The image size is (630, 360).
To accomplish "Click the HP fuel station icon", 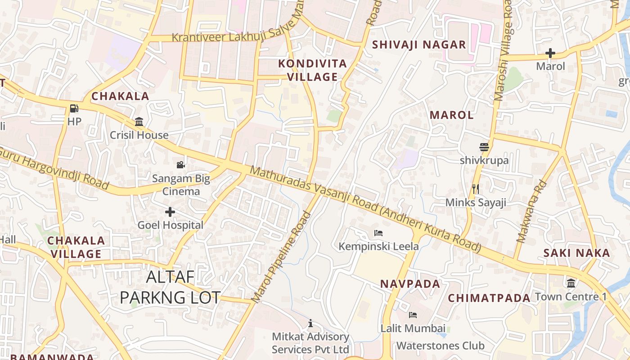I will click(74, 108).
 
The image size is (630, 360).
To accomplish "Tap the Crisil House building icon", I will click(139, 122).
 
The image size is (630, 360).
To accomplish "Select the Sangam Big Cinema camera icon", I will click(180, 165).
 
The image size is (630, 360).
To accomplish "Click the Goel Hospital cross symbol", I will click(170, 211).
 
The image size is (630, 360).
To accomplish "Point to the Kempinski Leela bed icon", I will click(378, 233).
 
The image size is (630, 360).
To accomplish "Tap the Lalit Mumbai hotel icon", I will click(413, 315).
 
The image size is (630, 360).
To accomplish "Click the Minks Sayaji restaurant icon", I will click(476, 189).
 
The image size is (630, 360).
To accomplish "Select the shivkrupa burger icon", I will click(484, 147).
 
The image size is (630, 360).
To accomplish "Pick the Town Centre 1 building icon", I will click(571, 283).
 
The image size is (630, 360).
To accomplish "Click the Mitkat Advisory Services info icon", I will click(310, 323).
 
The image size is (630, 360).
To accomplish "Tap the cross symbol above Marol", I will click(550, 53).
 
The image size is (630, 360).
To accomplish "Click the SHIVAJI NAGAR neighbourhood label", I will click(419, 45).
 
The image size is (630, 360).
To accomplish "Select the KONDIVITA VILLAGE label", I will click(313, 70).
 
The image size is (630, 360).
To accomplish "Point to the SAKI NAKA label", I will click(576, 253).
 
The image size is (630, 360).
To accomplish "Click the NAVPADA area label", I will click(410, 284).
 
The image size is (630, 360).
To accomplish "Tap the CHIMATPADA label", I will click(489, 298).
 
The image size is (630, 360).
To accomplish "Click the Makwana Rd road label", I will click(531, 212).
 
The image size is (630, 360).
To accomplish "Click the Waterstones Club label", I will click(440, 346).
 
